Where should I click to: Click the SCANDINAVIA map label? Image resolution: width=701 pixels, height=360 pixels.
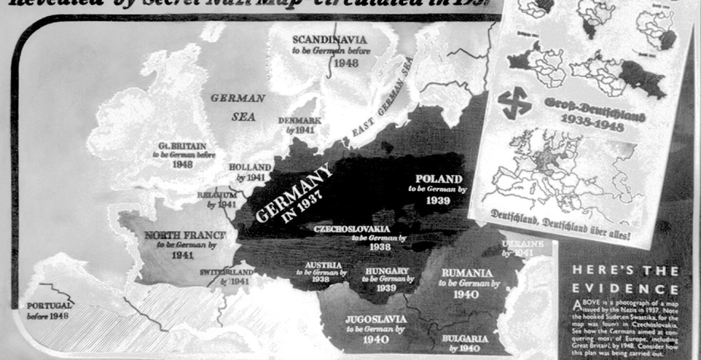(330, 40)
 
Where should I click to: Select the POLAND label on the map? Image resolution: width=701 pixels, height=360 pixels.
(439, 179)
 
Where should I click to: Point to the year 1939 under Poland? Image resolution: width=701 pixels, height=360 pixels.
(438, 200)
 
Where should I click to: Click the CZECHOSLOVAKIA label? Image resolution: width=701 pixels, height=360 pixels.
(352, 228)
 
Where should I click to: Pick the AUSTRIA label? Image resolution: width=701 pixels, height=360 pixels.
(324, 265)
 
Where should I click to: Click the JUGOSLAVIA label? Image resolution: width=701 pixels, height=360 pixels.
(375, 320)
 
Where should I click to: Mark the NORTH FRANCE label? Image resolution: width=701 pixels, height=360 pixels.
(185, 235)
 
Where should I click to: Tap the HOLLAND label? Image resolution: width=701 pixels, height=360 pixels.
(250, 167)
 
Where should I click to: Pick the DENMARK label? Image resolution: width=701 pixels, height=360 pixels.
(299, 120)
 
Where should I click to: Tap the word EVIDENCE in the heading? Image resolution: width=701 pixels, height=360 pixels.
(625, 288)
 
